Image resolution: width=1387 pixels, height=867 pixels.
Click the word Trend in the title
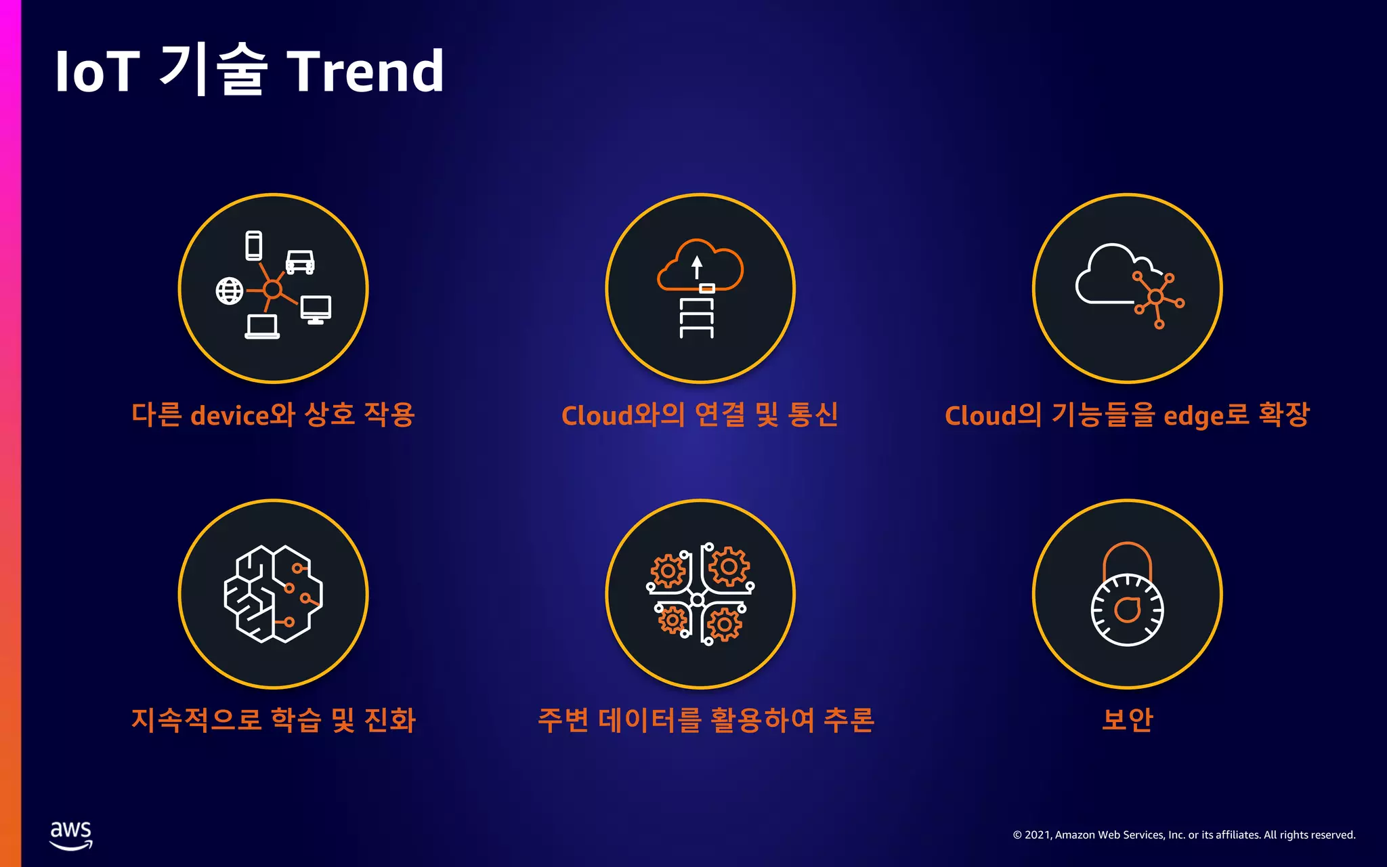366,71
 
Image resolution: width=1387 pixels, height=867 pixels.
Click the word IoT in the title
97,71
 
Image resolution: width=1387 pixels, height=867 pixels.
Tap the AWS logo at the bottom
71,834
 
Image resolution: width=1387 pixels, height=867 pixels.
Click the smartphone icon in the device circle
254,245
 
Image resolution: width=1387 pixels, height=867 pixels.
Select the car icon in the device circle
300,261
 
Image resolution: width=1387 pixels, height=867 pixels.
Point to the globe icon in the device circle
230,291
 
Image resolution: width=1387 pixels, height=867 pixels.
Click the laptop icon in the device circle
262,326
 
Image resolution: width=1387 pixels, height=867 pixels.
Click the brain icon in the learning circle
273,594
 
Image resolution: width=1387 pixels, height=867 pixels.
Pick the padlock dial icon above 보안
1127,596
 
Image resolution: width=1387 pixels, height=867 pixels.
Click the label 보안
1127,719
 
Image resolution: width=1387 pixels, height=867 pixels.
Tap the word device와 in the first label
242,415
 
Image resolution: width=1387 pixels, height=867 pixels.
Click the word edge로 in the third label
1206,415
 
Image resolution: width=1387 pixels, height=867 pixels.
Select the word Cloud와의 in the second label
623,415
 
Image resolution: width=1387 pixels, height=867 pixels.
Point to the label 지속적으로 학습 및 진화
273,719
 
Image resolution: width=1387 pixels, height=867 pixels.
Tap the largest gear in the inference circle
729,566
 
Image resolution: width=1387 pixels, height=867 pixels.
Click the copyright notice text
1184,834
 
